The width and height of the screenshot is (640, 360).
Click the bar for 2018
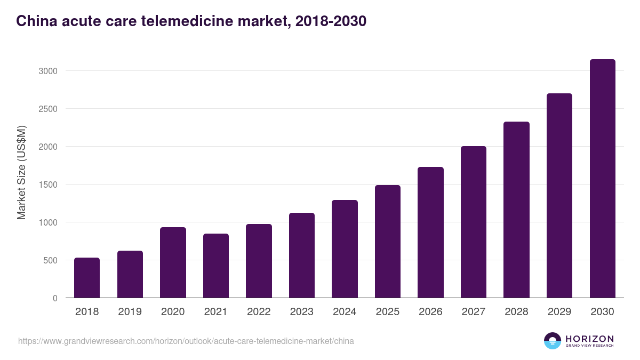tap(87, 278)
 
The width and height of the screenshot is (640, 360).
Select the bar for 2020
tap(173, 262)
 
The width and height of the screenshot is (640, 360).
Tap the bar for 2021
tap(216, 266)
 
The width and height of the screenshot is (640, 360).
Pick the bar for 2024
tap(345, 249)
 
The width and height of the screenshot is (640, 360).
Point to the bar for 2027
tap(474, 222)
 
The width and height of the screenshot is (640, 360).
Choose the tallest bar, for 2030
tap(602, 179)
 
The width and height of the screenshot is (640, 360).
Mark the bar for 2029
tap(559, 196)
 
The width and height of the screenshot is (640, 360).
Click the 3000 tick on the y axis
tap(47, 71)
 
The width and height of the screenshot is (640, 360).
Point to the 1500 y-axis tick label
tap(47, 185)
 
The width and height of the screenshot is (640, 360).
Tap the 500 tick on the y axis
tap(50, 260)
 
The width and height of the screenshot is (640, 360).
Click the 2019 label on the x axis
tap(130, 312)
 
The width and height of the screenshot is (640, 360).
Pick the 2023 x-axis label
tap(302, 312)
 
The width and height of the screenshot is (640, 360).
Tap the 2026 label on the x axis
tap(430, 312)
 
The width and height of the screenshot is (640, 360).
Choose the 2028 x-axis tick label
tap(516, 312)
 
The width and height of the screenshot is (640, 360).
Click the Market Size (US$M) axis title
tap(21, 172)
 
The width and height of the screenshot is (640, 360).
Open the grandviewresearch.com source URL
tap(186, 341)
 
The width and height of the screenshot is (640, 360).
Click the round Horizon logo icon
tap(553, 341)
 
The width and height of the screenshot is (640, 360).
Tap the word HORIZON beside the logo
tap(590, 339)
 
